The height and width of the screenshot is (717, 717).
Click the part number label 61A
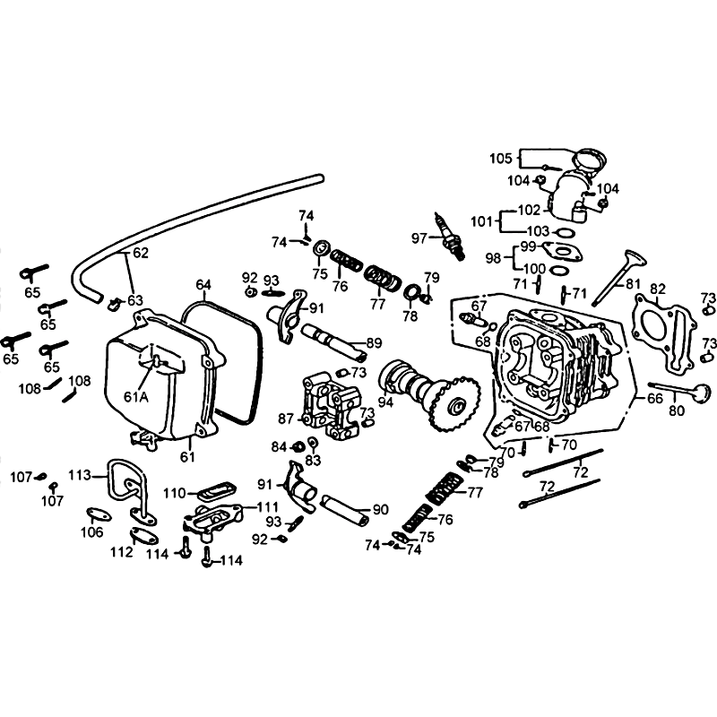[x=136, y=397]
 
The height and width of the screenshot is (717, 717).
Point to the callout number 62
[x=142, y=253]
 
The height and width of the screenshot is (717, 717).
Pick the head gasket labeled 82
[x=664, y=334]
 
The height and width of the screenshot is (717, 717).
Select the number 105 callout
[x=501, y=159]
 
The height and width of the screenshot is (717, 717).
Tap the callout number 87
[x=286, y=419]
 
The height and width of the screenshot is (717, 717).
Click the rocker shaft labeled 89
[x=333, y=341]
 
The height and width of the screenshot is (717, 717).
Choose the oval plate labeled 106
[x=99, y=515]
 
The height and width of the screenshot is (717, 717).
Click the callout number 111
[x=268, y=507]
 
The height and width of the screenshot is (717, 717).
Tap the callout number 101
[x=481, y=221]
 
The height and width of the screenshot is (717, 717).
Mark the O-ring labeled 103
[x=566, y=233]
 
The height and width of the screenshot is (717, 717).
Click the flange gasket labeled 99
[x=561, y=251]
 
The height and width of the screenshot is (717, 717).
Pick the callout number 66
[x=655, y=399]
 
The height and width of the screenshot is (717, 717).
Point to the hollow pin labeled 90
[x=345, y=509]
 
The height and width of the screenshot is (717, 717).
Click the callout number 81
[x=633, y=284]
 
